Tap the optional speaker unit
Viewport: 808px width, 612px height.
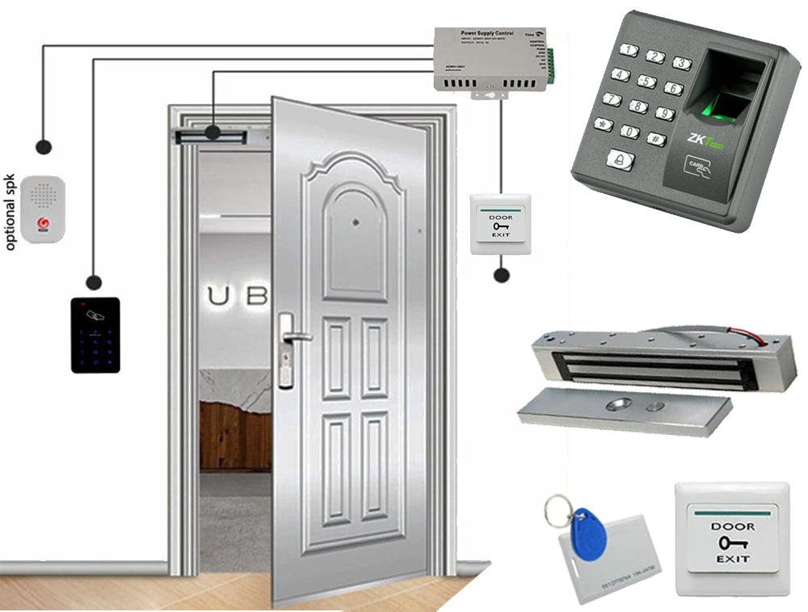pos(42,209)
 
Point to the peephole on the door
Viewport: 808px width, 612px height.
pos(355,219)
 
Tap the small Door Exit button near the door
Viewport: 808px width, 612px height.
pos(500,224)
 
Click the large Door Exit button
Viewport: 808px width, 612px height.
pos(731,538)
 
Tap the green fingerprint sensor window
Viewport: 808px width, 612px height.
pos(730,105)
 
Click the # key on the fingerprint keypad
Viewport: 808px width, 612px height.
pos(657,138)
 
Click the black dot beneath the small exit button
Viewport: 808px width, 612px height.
pos(501,275)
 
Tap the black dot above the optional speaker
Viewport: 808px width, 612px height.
pos(44,146)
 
